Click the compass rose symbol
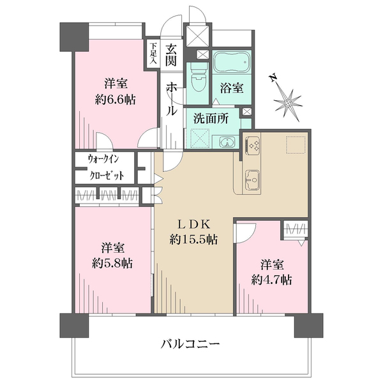290,100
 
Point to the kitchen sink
252,180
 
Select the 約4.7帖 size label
272,280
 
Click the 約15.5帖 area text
194,240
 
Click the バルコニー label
190,344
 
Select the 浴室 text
232,88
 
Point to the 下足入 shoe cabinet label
153,52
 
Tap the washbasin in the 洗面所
225,142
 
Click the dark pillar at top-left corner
73,38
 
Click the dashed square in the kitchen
296,145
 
